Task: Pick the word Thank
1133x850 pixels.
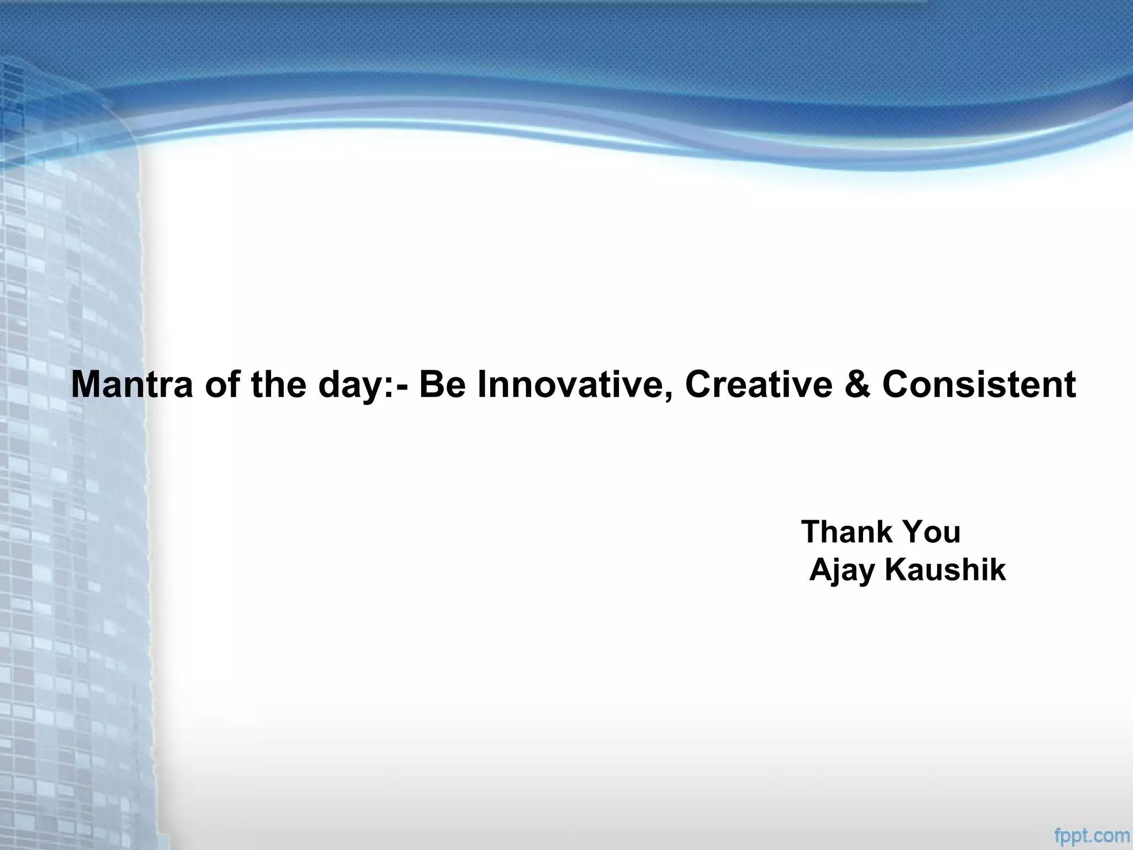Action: pos(846,532)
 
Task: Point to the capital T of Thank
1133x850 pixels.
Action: pos(811,532)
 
